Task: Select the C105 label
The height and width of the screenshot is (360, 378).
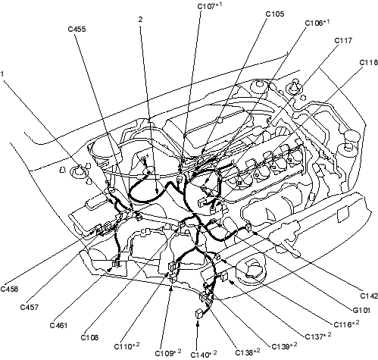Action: tap(275, 14)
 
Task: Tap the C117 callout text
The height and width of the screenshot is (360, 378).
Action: tap(343, 40)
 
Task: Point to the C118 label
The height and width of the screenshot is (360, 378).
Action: tap(368, 62)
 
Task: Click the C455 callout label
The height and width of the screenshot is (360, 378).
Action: tap(77, 29)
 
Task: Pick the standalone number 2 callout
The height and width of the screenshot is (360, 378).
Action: tap(140, 19)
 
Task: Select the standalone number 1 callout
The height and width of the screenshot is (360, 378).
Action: tap(2, 74)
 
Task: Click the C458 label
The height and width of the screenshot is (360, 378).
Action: tap(9, 289)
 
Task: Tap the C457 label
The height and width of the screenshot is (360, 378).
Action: tap(30, 307)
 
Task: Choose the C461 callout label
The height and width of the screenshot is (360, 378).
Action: tap(59, 325)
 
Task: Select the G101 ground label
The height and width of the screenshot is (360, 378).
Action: tap(361, 310)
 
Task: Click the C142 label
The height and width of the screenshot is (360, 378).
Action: tap(369, 296)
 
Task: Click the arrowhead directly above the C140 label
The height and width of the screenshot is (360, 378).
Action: tap(198, 323)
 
